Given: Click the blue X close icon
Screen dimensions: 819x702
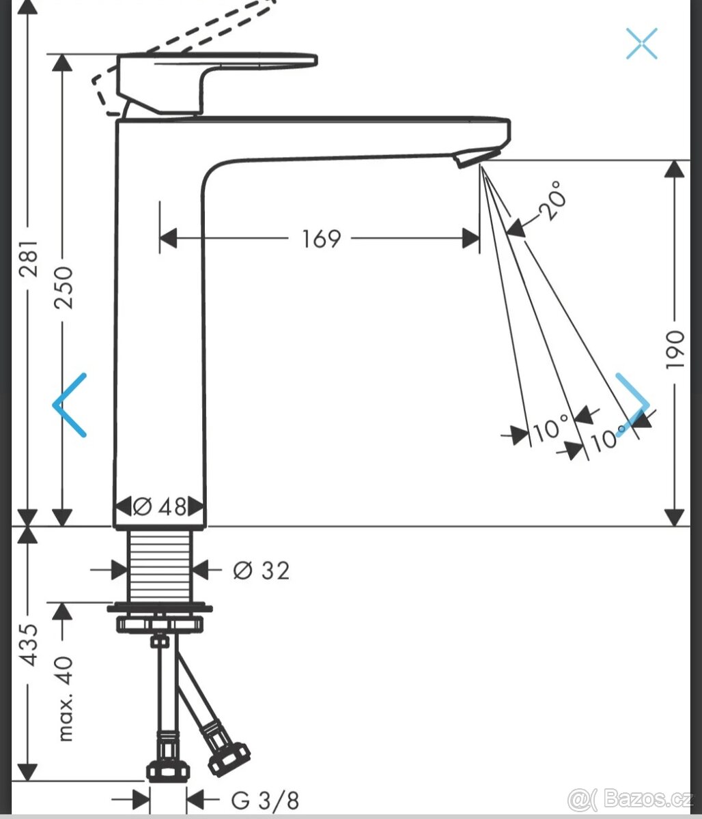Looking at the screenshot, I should pos(642,43).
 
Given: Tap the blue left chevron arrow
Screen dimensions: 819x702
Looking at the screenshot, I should pos(69,405).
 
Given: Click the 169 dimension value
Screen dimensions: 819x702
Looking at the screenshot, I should pos(321,239).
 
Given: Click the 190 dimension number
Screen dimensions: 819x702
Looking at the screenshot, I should pos(675,349).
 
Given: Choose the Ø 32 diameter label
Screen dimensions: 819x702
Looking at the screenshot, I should pos(261,570).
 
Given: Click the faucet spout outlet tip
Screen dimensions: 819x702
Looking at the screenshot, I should pos(470,159).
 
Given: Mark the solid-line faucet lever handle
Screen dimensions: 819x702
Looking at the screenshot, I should pos(219,68).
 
